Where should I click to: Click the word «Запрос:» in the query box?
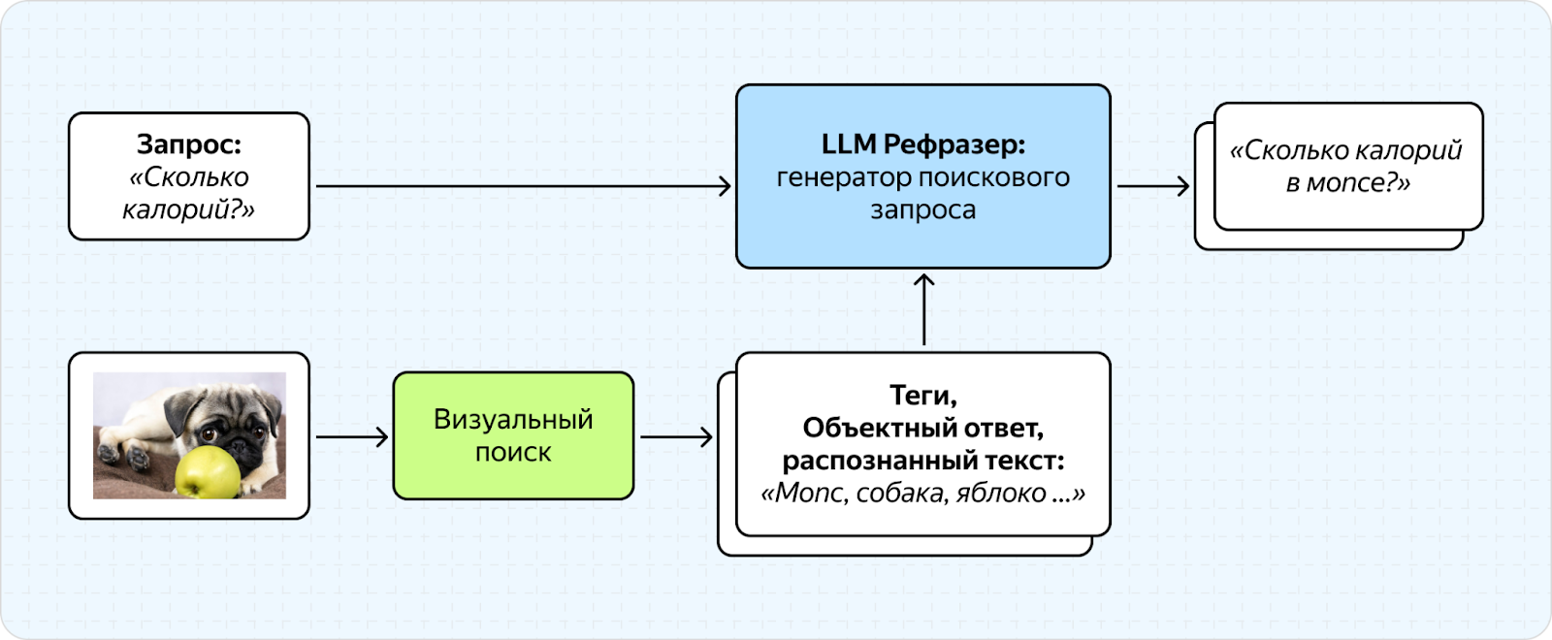tap(189, 144)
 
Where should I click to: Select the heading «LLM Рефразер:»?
tap(922, 144)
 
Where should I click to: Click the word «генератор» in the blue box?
tap(843, 177)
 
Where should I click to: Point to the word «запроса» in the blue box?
tap(922, 209)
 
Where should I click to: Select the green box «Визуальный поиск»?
tap(513, 435)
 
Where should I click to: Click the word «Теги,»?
tap(922, 396)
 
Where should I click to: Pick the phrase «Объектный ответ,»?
tap(922, 428)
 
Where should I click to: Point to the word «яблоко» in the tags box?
tap(1001, 494)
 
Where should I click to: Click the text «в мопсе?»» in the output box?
tap(1348, 183)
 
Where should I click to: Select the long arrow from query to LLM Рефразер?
tap(524, 186)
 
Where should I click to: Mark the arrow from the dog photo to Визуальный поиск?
tap(352, 437)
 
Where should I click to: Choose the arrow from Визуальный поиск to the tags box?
tap(676, 437)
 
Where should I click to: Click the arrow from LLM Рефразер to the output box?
tap(1153, 186)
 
